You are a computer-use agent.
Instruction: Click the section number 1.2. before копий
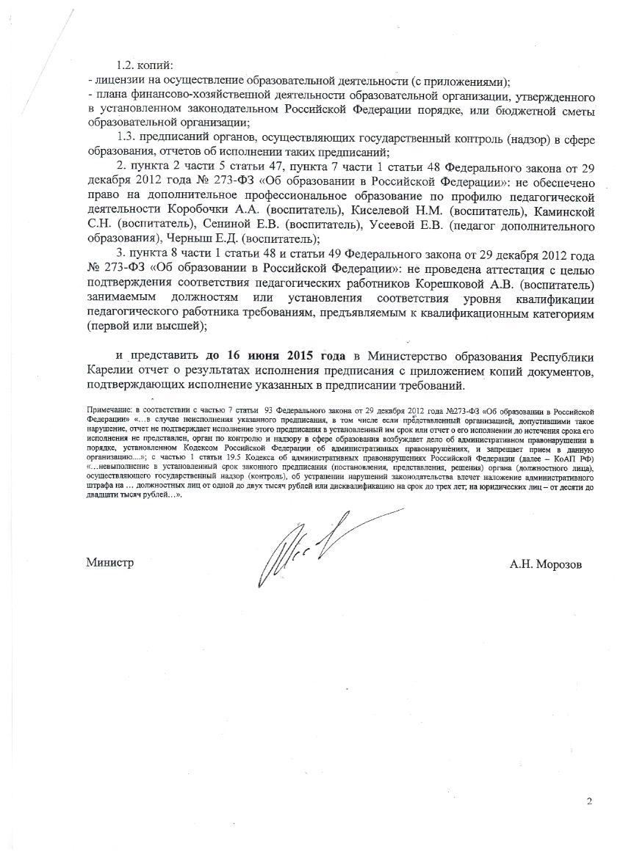click(x=129, y=65)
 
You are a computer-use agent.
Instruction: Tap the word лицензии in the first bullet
click(x=114, y=80)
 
